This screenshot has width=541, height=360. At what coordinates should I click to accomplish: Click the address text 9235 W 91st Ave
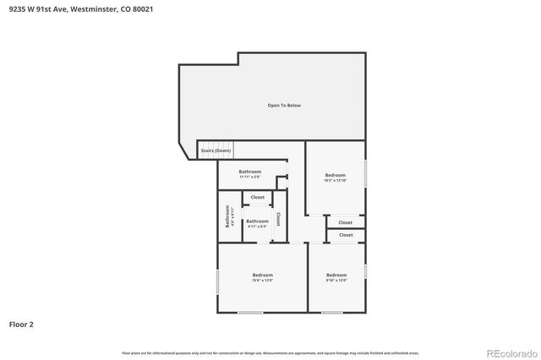[38, 8]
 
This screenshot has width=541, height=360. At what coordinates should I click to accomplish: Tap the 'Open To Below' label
[284, 106]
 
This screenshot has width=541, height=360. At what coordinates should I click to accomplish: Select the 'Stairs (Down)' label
[216, 150]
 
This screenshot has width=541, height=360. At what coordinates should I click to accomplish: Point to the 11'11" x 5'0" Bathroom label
[249, 174]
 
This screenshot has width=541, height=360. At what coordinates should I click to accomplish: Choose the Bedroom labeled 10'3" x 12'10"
[335, 177]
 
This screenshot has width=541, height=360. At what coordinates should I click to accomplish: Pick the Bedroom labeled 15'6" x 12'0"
[262, 277]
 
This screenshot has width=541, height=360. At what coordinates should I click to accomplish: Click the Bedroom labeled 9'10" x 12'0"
[336, 277]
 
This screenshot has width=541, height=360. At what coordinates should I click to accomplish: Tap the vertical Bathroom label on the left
[227, 219]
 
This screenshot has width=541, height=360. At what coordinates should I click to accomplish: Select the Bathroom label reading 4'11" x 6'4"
[257, 224]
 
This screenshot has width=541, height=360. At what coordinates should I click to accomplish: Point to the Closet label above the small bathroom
[257, 198]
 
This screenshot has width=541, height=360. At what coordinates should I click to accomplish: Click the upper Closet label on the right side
[346, 222]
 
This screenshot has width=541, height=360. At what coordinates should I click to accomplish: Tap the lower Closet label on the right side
[346, 235]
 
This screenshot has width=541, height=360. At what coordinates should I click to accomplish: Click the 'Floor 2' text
[21, 324]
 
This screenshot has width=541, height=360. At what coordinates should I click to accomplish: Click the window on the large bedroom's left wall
[218, 281]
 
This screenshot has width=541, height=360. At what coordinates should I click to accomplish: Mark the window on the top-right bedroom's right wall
[365, 173]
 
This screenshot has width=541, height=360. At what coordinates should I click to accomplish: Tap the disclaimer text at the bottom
[270, 353]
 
